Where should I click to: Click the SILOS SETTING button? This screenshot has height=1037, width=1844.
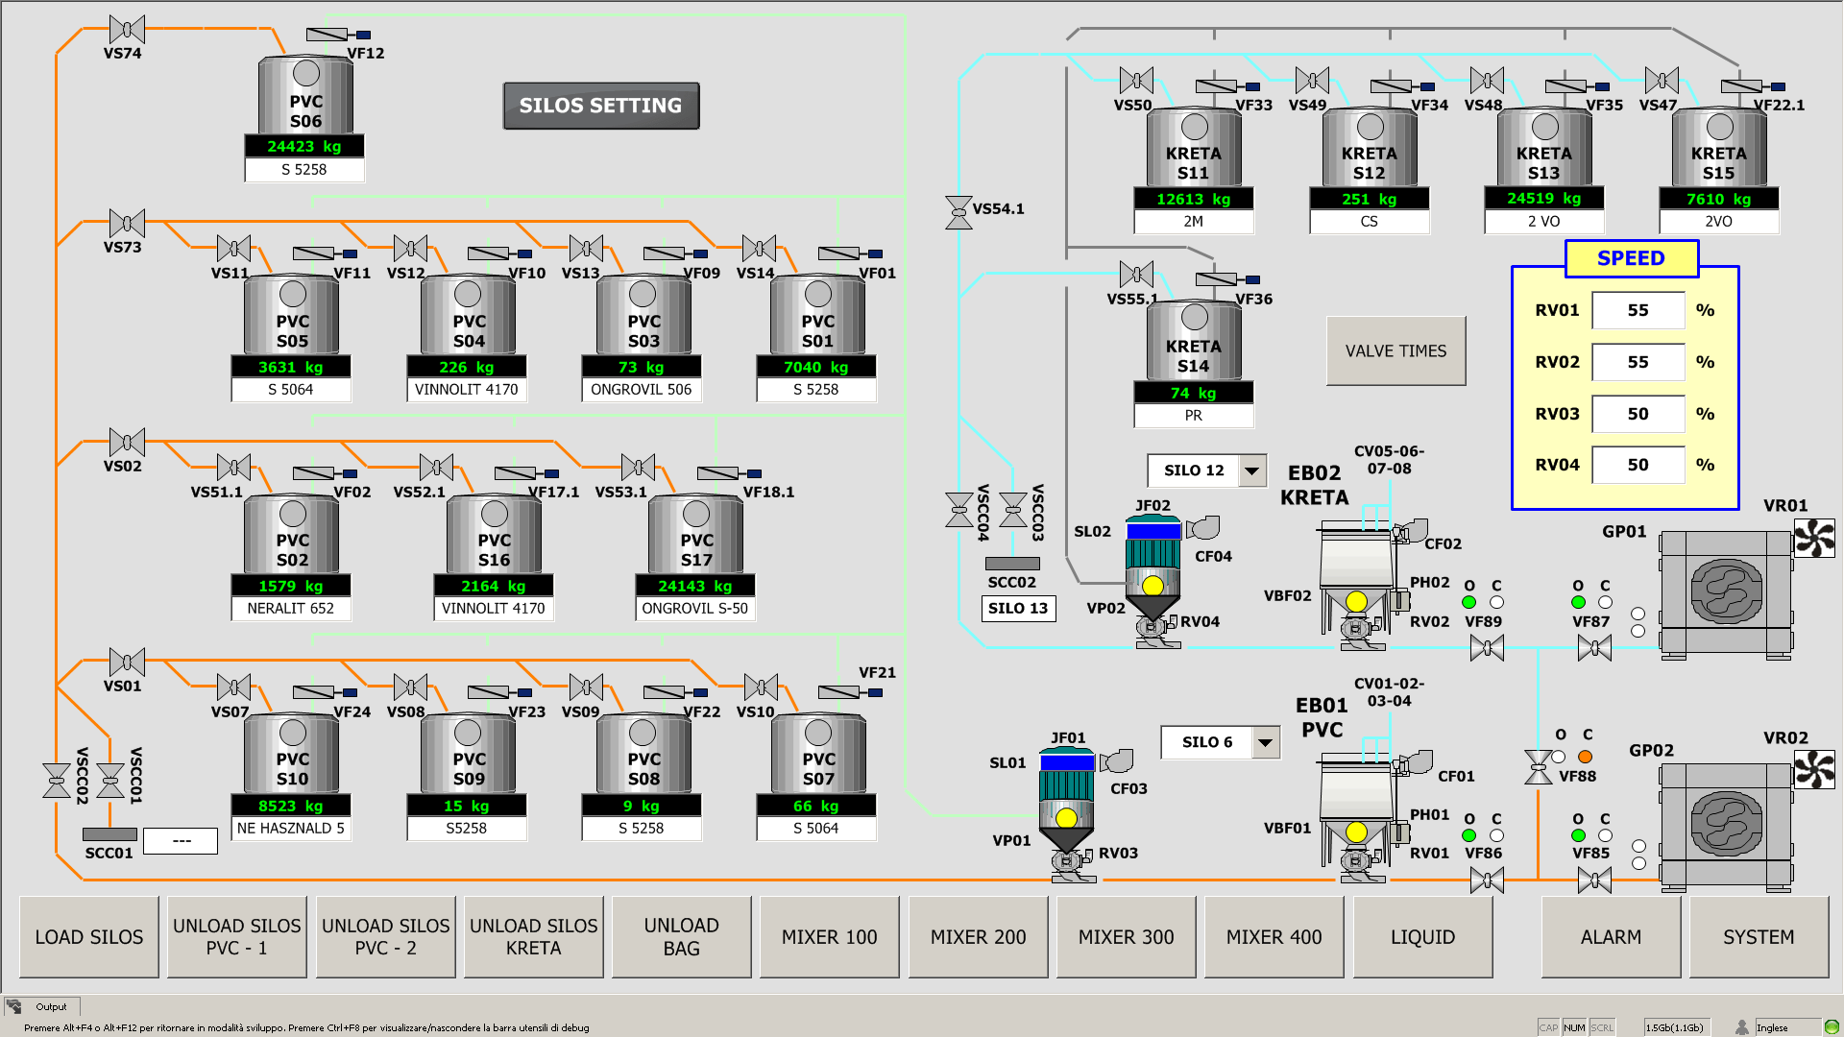pos(601,106)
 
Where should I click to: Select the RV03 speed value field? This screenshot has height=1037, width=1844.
pos(1638,414)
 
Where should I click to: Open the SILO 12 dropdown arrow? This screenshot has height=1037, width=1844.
pos(1251,470)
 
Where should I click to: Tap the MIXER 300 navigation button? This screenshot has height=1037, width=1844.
pos(1126,937)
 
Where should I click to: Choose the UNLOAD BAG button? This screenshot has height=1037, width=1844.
pos(681,937)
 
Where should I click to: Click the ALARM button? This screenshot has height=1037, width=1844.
pos(1611,937)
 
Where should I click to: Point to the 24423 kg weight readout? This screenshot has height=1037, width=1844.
pos(304,147)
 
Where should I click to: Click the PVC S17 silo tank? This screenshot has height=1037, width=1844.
pos(695,534)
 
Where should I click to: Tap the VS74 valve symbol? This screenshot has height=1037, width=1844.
pos(127,30)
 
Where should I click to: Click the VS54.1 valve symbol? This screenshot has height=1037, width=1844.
pos(958,212)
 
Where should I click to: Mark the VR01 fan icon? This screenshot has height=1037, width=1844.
pos(1814,538)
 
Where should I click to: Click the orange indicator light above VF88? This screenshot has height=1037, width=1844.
pos(1586,757)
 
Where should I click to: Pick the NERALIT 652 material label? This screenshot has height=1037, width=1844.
pos(291,609)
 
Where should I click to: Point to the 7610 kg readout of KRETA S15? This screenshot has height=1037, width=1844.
pos(1718,200)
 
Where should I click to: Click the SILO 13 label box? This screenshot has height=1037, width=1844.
pos(1018,609)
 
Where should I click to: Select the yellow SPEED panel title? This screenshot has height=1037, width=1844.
pos(1631,258)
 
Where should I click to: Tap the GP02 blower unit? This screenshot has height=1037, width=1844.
pos(1726,824)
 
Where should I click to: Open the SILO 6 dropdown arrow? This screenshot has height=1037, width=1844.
pos(1266,742)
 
